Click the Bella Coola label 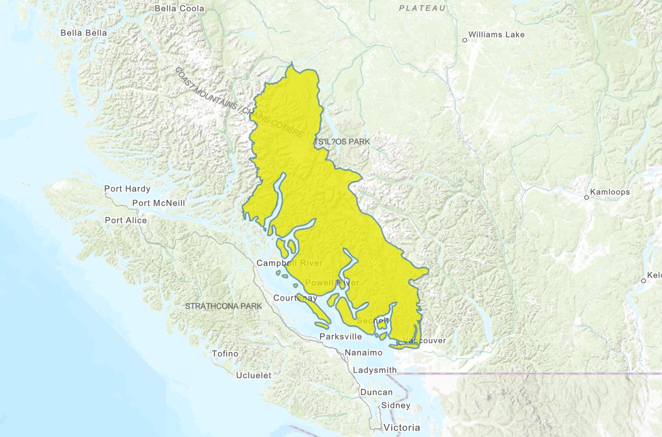tap(179, 8)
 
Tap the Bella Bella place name tap(84, 33)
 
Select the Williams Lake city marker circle tap(465, 40)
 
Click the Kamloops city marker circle tap(586, 197)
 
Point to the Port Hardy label tap(127, 189)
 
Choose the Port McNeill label tap(159, 203)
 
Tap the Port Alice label tap(126, 220)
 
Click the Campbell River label tap(289, 263)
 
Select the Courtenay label tap(294, 297)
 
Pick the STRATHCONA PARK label tap(223, 306)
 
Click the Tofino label tap(225, 354)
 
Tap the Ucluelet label tap(254, 375)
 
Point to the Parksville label tap(340, 337)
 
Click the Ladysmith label tap(374, 370)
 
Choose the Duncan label tap(376, 392)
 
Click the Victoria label tap(402, 427)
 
